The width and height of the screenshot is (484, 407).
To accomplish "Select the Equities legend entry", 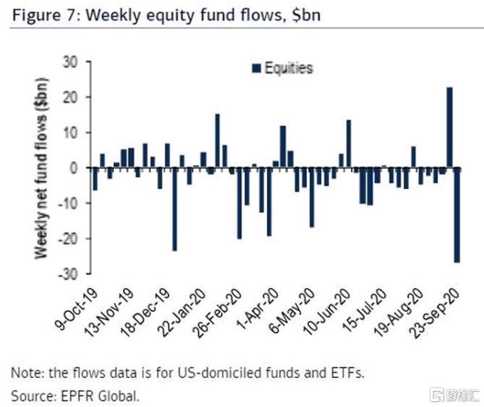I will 281,69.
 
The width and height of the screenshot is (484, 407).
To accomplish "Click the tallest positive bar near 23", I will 449,127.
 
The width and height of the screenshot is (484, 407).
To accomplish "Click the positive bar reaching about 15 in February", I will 217,141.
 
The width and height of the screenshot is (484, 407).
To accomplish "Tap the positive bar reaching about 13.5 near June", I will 348,143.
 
